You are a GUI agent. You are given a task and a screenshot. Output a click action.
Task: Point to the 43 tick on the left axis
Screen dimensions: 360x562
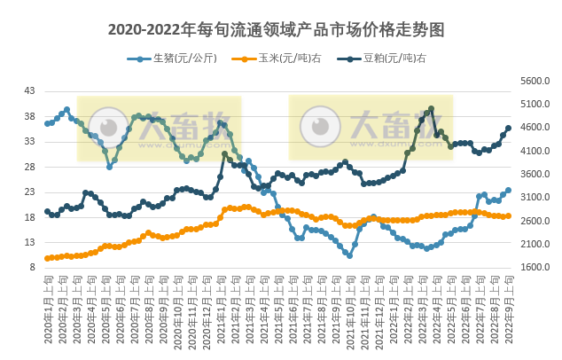tap(29, 91)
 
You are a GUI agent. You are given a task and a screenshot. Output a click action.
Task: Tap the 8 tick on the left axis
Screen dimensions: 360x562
tap(32, 267)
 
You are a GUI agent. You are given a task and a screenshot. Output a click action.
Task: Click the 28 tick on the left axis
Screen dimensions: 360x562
tap(29, 167)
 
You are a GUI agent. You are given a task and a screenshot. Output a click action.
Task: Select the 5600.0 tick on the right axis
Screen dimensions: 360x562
tap(535, 81)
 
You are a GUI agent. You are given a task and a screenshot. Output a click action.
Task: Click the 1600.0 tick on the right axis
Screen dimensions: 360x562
tap(535, 267)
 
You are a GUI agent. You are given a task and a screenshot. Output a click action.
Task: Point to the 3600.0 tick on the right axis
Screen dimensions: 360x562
tap(535, 174)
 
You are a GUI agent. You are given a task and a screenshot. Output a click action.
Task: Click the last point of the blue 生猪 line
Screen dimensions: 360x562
tap(508, 190)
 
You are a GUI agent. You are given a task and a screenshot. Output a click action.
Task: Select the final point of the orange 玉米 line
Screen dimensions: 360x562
tap(508, 215)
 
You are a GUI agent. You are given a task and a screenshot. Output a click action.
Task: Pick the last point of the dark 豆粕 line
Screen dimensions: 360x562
tap(508, 128)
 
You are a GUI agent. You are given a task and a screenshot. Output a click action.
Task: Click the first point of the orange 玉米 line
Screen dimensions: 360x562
tap(47, 258)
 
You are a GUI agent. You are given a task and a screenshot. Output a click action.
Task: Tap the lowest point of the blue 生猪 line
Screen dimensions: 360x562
tap(350, 255)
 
